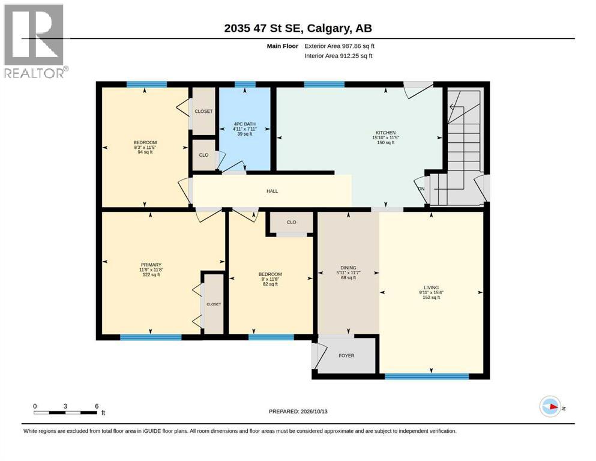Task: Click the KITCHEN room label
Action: pos(385,133)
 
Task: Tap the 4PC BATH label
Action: pos(244,124)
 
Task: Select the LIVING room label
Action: pos(431,288)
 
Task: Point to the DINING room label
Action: pos(348,268)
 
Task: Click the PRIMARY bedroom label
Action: pos(151,265)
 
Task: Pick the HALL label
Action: pos(272,191)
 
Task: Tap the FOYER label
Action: pos(346,356)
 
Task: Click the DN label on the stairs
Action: pos(421,189)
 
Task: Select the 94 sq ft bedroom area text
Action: pos(145,152)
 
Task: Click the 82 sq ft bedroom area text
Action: pos(270,284)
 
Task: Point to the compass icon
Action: pos(550,406)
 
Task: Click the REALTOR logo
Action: pos(35,41)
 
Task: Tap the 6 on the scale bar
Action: pos(97,406)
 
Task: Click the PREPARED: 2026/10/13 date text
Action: pos(298,411)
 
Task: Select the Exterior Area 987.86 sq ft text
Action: pos(340,46)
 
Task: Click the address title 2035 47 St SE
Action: pos(263,28)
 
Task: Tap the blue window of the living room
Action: pos(427,376)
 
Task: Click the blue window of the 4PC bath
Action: pos(245,85)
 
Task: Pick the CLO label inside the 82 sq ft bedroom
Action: pos(291,222)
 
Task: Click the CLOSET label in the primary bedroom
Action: pos(214,304)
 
